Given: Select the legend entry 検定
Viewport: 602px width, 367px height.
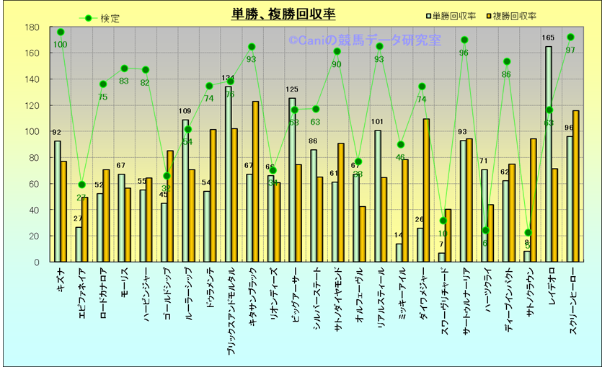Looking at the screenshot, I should point(110,18).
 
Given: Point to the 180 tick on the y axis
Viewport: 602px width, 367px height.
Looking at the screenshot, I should point(32,27).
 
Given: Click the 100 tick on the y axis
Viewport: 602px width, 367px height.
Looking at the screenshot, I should point(32,132).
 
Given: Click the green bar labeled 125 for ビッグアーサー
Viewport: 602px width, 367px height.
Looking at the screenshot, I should point(292,180).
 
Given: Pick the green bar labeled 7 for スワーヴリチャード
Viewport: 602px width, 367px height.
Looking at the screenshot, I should point(441,257).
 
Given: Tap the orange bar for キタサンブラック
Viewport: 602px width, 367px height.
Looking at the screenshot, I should point(256,181).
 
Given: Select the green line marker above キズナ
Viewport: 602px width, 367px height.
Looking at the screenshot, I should point(61,32).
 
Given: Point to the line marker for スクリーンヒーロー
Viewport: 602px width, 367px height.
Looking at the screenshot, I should point(570,37).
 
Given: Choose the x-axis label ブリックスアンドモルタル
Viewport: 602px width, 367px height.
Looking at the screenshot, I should point(231,310).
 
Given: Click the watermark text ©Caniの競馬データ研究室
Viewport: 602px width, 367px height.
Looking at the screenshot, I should point(365,41).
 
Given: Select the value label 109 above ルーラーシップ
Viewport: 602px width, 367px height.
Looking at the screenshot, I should point(185,112).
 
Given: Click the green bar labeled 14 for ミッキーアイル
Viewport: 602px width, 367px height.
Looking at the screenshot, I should point(399,252).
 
